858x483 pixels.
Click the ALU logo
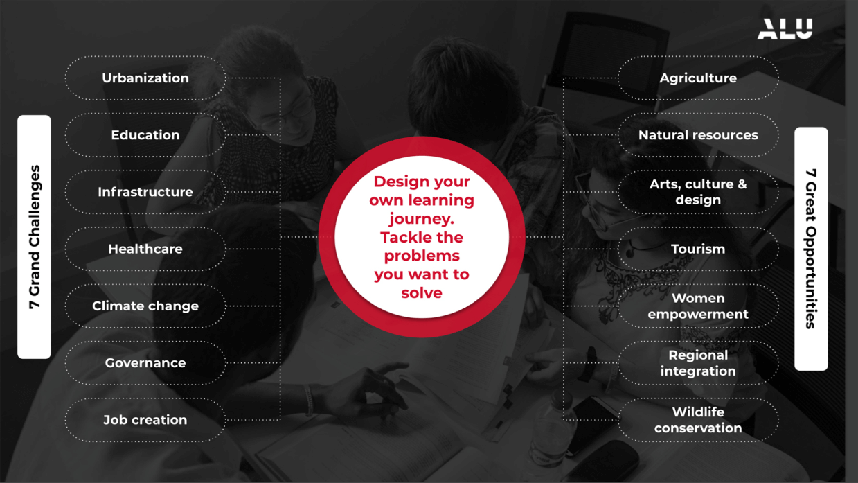coord(785,28)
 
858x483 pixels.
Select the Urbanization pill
coord(145,78)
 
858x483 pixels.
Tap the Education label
coord(145,135)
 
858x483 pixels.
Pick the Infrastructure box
coord(145,192)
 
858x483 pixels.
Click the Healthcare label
coord(145,249)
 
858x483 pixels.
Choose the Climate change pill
coord(145,306)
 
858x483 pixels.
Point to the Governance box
coord(145,363)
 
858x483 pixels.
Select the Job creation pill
coord(145,420)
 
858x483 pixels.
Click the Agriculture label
coord(698,78)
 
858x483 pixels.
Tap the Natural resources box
coord(698,135)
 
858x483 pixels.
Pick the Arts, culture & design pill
coord(698,192)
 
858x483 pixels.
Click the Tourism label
coord(698,249)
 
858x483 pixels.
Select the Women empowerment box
coord(698,306)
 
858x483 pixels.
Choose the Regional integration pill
coord(698,363)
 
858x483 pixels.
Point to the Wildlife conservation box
coord(698,420)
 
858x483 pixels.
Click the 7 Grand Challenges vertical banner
coord(34,237)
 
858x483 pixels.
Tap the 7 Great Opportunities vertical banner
coord(812,249)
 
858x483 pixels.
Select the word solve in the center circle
coord(422,293)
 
